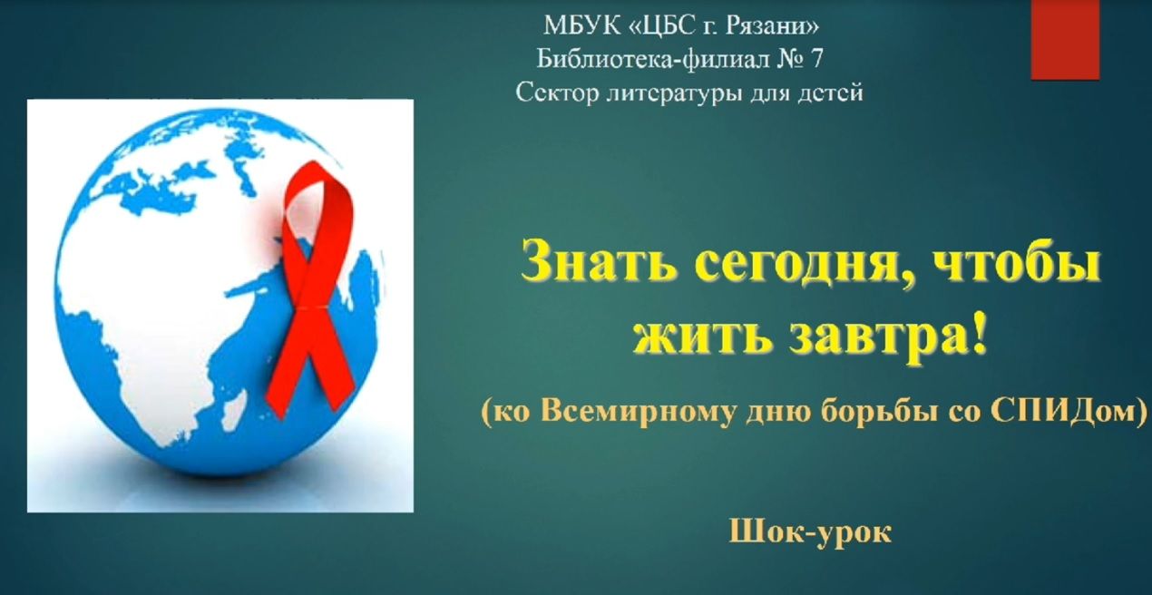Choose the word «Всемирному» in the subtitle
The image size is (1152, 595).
click(x=638, y=413)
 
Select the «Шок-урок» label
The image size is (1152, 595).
click(x=810, y=532)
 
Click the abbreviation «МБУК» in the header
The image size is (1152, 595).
click(x=581, y=25)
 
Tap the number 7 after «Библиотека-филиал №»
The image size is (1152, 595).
click(x=816, y=58)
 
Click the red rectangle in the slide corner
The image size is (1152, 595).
click(x=1065, y=40)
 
